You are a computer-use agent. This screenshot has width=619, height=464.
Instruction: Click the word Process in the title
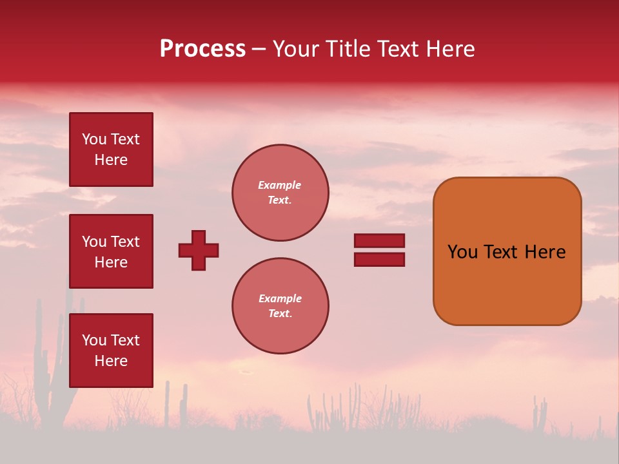click(x=202, y=49)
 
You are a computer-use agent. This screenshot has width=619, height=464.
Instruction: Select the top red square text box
click(x=111, y=150)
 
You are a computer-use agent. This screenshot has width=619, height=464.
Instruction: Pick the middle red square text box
click(x=111, y=251)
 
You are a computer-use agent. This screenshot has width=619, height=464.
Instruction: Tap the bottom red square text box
click(x=111, y=351)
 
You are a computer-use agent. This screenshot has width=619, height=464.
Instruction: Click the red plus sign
click(x=199, y=250)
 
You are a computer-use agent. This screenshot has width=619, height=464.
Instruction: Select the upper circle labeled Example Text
click(x=280, y=193)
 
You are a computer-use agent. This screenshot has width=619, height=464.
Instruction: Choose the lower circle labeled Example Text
click(x=280, y=306)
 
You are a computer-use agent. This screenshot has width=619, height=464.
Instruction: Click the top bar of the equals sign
click(x=379, y=241)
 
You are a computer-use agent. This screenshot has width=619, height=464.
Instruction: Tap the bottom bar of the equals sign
click(x=379, y=260)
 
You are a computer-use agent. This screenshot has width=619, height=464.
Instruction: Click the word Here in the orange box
click(x=545, y=252)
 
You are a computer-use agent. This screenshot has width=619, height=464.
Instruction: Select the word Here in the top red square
click(x=111, y=160)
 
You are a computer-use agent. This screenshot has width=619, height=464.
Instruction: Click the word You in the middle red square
click(x=94, y=242)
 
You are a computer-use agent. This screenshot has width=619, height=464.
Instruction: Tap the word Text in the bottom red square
click(x=124, y=340)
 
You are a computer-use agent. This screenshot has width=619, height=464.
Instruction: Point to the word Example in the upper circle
click(x=280, y=186)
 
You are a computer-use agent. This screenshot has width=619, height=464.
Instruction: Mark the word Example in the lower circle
click(x=280, y=299)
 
